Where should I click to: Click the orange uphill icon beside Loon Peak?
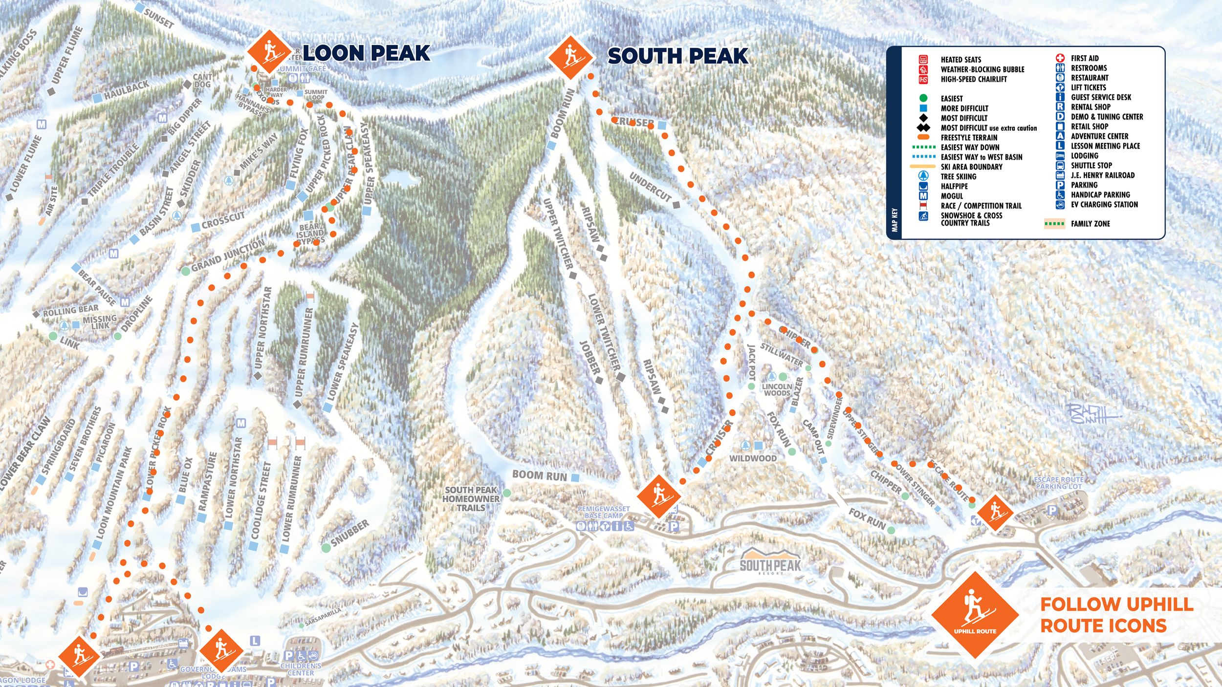click(269, 52)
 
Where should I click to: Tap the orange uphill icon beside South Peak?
click(570, 57)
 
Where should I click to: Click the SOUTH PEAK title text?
click(677, 56)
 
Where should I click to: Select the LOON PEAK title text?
click(366, 53)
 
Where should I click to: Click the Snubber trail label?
click(349, 534)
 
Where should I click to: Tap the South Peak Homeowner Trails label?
click(471, 499)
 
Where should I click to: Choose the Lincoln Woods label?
click(777, 389)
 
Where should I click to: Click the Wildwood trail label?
click(753, 458)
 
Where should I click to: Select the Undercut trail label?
click(651, 187)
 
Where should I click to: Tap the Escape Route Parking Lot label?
click(1059, 483)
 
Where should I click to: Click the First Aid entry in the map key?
click(1084, 58)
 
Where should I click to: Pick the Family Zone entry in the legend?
click(1090, 224)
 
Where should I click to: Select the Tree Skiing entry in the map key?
click(958, 176)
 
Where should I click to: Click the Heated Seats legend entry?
click(960, 60)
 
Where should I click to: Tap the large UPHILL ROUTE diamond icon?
click(975, 615)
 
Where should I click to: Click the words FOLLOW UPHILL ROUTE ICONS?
click(1116, 615)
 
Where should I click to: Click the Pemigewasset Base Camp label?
click(603, 512)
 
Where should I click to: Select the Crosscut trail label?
click(223, 221)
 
